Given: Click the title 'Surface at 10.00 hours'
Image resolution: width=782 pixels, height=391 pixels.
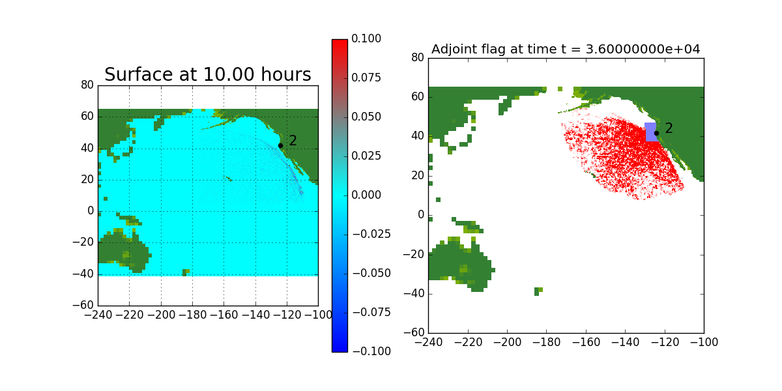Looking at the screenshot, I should tap(208, 75).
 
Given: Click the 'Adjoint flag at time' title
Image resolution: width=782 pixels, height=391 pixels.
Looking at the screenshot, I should tap(566, 50).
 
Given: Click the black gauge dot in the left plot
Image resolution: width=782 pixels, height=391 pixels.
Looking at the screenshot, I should tap(280, 145).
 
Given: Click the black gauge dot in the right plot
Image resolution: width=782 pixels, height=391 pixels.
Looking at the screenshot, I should tap(656, 133).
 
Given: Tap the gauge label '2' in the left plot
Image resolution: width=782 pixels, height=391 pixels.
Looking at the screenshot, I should tap(293, 141).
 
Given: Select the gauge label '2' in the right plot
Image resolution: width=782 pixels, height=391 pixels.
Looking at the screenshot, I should tap(669, 128).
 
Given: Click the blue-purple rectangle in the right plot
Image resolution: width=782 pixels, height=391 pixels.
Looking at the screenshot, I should tap(650, 132).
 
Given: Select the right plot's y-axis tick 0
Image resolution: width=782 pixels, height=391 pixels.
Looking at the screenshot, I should tap(421, 215).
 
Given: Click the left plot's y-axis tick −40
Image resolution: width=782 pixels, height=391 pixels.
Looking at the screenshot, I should tap(85, 274).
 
